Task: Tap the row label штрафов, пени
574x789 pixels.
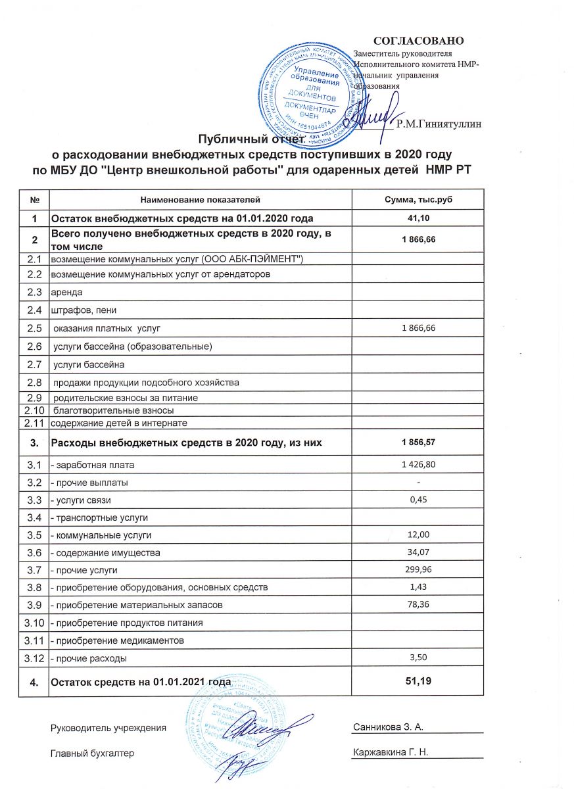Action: click(84, 309)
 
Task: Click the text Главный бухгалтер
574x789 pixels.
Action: click(93, 753)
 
